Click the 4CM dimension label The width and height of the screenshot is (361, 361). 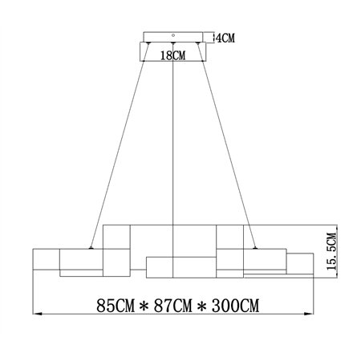225,38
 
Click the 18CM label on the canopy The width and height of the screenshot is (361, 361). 172,55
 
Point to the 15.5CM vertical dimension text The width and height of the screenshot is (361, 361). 331,251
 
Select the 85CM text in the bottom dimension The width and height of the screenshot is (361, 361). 116,306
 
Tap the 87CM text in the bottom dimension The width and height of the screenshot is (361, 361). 173,306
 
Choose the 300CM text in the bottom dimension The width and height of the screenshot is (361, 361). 236,306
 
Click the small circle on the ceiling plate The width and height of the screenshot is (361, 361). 173,35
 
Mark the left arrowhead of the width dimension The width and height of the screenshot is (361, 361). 37,314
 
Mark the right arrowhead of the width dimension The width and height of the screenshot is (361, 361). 309,314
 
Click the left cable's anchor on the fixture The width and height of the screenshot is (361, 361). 91,248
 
